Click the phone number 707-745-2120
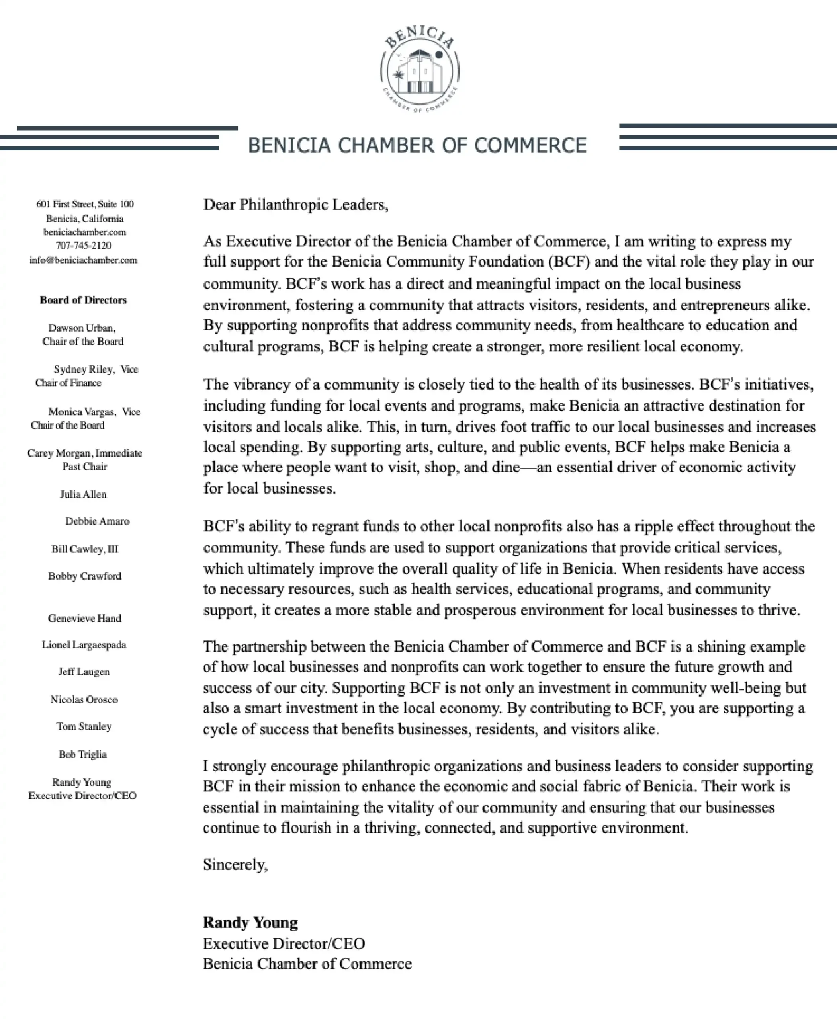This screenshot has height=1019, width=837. (83, 245)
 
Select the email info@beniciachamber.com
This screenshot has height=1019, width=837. (83, 260)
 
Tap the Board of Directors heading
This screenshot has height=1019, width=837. (83, 300)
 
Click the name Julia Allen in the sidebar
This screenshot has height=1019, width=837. (83, 494)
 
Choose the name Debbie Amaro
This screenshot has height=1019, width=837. (98, 521)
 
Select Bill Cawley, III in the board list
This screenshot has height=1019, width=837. (85, 549)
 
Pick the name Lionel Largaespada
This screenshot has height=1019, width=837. (84, 645)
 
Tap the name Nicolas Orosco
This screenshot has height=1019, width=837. (84, 699)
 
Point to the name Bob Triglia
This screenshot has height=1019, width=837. (82, 754)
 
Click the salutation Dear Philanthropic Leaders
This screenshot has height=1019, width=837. (295, 204)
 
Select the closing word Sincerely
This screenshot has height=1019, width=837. (235, 864)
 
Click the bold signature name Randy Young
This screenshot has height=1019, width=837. (250, 922)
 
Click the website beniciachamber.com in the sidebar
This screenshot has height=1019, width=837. (85, 232)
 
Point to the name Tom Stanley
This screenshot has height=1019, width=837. (84, 726)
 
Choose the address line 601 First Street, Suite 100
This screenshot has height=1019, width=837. (85, 204)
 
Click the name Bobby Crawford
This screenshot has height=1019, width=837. (85, 576)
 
